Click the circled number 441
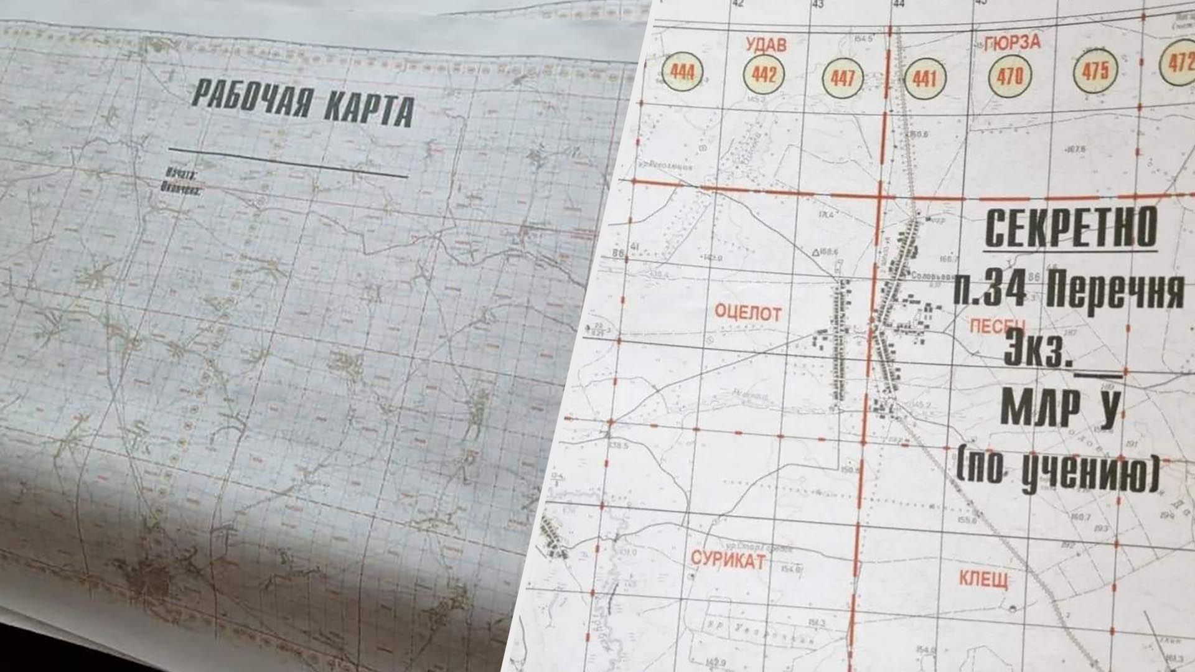tap(924, 79)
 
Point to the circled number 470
tap(1009, 77)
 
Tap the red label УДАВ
tap(766, 44)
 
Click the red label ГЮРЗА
tap(1013, 42)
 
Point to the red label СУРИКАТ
tap(728, 559)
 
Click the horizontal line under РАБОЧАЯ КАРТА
tap(288, 163)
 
